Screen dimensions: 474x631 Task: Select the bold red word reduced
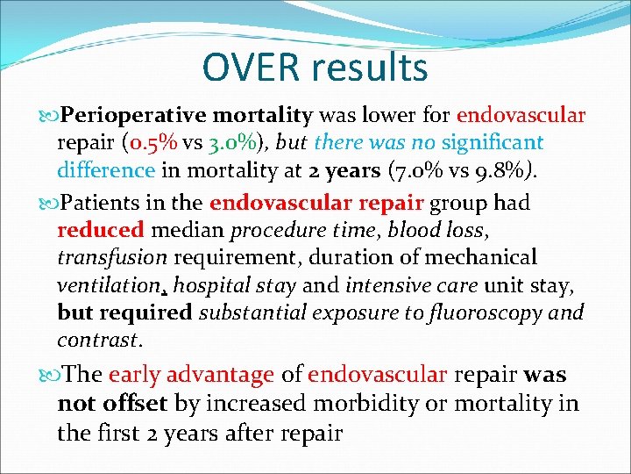(101, 231)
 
